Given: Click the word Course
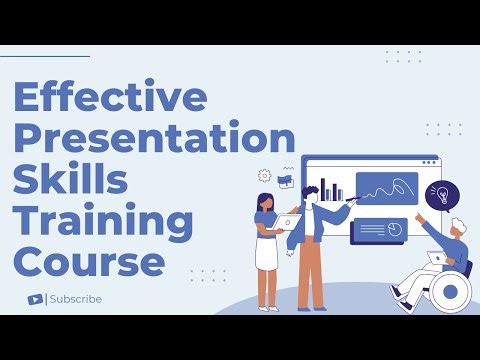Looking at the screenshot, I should pyautogui.click(x=89, y=262).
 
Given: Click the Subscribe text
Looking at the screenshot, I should pyautogui.click(x=76, y=299).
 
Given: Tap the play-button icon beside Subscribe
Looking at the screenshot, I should pyautogui.click(x=36, y=299).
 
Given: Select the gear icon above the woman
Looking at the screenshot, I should pyautogui.click(x=264, y=175).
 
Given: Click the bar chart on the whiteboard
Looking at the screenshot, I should pyautogui.click(x=332, y=189).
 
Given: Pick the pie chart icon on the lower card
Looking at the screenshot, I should pyautogui.click(x=394, y=230).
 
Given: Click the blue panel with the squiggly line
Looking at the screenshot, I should pyautogui.click(x=386, y=188).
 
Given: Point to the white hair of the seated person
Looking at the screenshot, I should pyautogui.click(x=457, y=226).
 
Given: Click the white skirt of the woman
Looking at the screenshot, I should pyautogui.click(x=266, y=254).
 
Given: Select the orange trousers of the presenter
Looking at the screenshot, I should pyautogui.click(x=311, y=274).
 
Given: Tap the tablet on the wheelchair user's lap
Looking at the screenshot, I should pyautogui.click(x=436, y=258).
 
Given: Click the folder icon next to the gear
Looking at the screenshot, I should pyautogui.click(x=285, y=181).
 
